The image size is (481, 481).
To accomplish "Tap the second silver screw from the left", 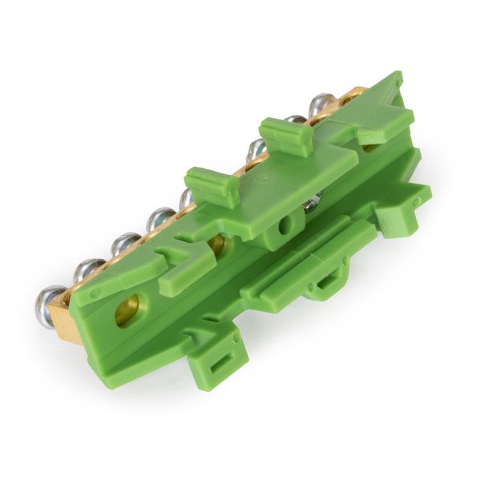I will tap(88, 270).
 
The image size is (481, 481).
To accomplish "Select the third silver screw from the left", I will tap(125, 243).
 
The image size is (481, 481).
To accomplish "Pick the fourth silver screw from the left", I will tap(160, 217).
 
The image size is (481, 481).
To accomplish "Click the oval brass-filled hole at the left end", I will tap(127, 310).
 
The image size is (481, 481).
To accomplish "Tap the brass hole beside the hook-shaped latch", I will tap(216, 244).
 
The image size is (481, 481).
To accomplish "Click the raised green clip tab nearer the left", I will tap(213, 185).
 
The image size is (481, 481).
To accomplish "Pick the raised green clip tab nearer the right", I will tap(286, 135).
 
